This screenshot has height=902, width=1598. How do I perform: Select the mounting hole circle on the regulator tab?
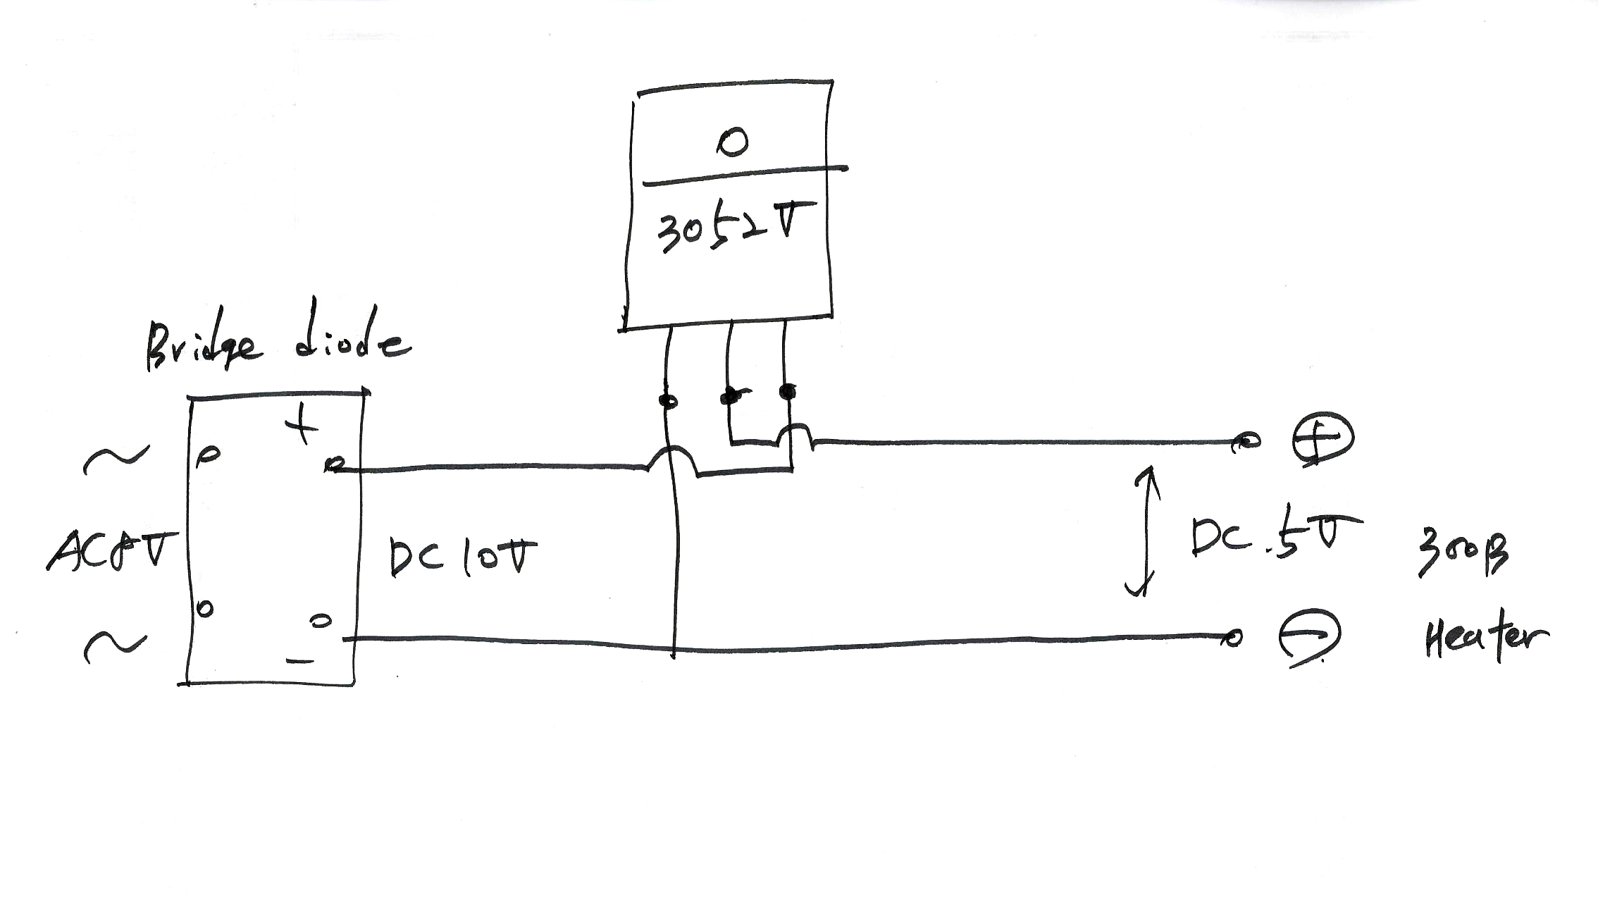pyautogui.click(x=732, y=143)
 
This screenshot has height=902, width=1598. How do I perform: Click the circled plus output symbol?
pyautogui.click(x=1323, y=439)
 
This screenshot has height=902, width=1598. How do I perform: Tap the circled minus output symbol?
pyautogui.click(x=1310, y=637)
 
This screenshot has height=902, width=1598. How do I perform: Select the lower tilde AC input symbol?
pyautogui.click(x=115, y=645)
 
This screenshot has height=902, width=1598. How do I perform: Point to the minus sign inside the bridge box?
pyautogui.click(x=300, y=661)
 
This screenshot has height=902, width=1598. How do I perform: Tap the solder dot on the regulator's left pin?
pyautogui.click(x=668, y=401)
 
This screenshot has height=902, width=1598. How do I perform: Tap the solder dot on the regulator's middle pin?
pyautogui.click(x=731, y=396)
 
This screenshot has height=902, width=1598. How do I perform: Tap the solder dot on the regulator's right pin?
pyautogui.click(x=788, y=392)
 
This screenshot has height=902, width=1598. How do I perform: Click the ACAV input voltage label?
pyautogui.click(x=113, y=550)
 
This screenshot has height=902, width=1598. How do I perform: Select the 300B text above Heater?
pyautogui.click(x=1463, y=554)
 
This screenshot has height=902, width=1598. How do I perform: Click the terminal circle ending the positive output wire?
pyautogui.click(x=1248, y=442)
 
